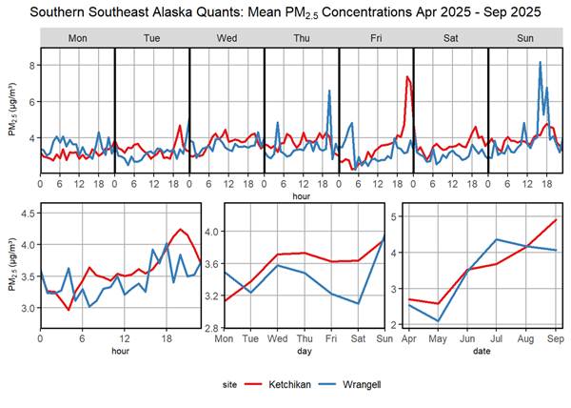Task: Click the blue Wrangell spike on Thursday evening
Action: tap(329, 92)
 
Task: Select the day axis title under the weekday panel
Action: tap(303, 352)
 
